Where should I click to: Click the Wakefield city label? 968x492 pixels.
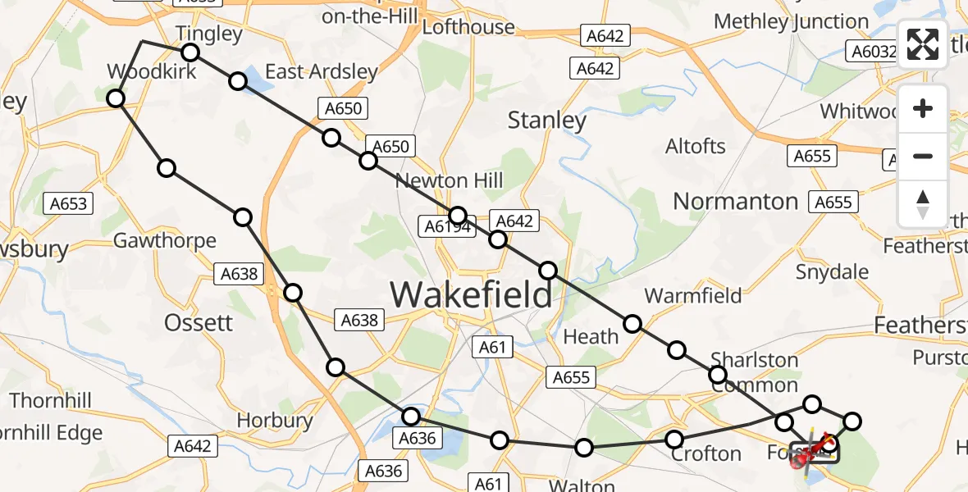pyautogui.click(x=471, y=294)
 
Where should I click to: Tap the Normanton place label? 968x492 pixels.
pyautogui.click(x=735, y=202)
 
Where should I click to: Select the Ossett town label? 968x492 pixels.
pyautogui.click(x=199, y=322)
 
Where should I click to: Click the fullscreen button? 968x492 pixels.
pyautogui.click(x=923, y=45)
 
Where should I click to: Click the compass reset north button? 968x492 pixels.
pyautogui.click(x=923, y=203)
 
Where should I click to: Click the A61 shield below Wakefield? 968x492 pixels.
pyautogui.click(x=492, y=348)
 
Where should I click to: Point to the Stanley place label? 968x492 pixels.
pyautogui.click(x=547, y=121)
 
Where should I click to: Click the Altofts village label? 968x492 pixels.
pyautogui.click(x=696, y=147)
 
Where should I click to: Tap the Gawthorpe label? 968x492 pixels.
pyautogui.click(x=165, y=241)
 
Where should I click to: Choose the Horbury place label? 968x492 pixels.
pyautogui.click(x=275, y=421)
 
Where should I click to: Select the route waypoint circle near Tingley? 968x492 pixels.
pyautogui.click(x=190, y=52)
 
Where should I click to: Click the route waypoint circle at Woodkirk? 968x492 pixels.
pyautogui.click(x=116, y=98)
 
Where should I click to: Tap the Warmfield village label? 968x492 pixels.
pyautogui.click(x=693, y=295)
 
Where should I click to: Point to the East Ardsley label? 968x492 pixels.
pyautogui.click(x=321, y=72)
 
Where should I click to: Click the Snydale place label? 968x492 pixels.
pyautogui.click(x=833, y=271)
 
